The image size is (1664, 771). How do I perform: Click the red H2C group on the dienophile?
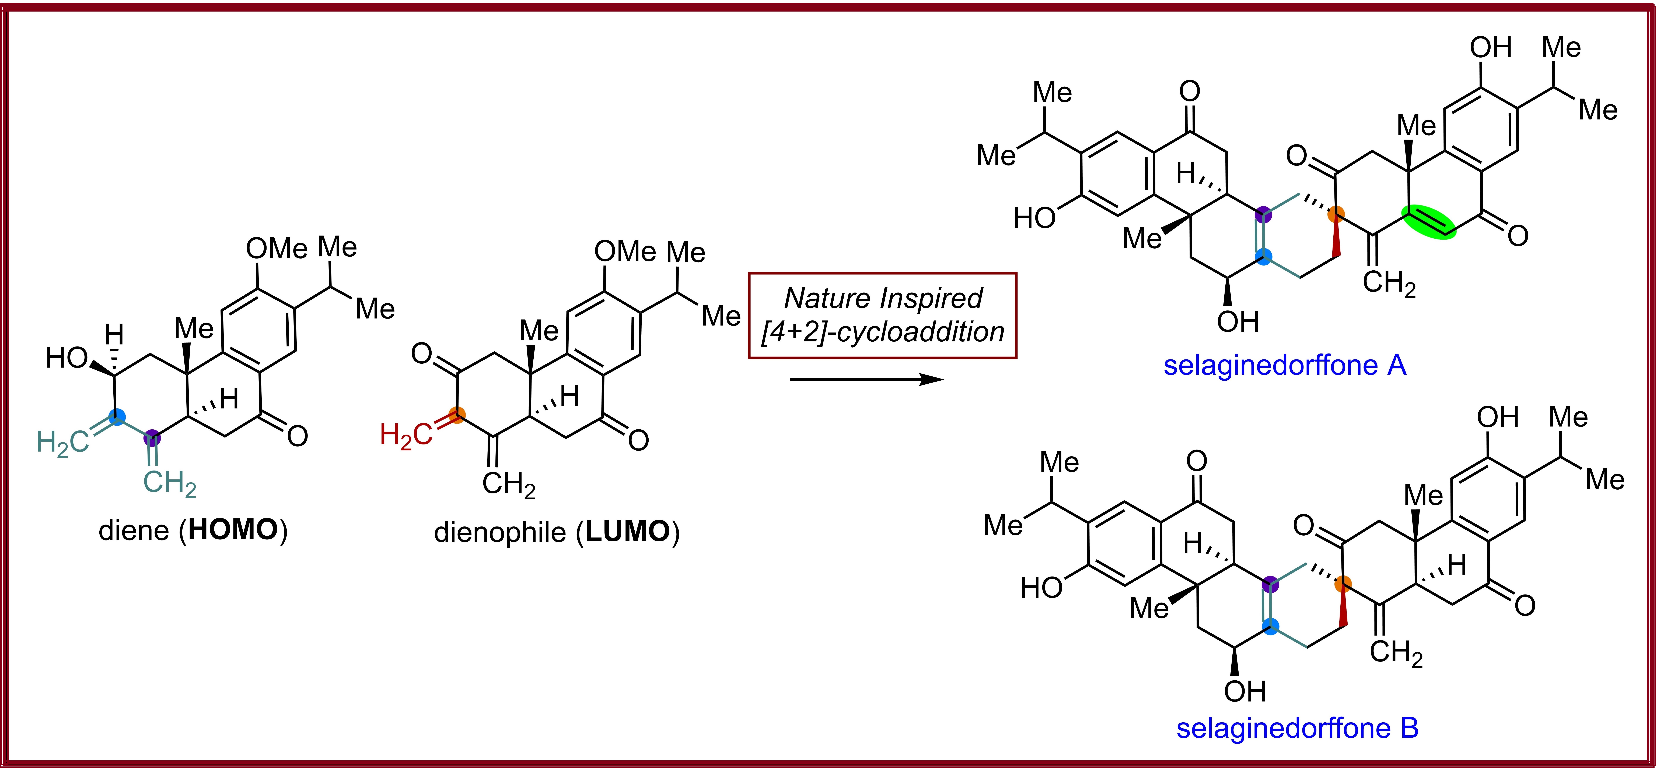(406, 435)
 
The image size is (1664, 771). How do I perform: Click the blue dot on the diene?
(116, 417)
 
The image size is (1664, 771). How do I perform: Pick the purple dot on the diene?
(152, 438)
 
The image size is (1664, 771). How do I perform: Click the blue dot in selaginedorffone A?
(1264, 257)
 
